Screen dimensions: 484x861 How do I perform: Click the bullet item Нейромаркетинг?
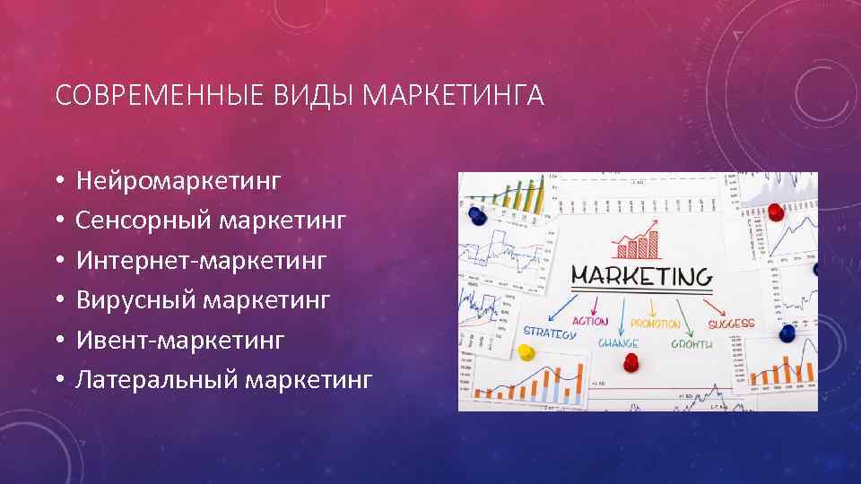click(x=178, y=182)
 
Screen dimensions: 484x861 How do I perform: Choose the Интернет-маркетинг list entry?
click(x=202, y=261)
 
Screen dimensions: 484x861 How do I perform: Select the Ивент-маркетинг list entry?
click(x=180, y=340)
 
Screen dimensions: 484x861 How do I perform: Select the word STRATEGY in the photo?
click(x=549, y=333)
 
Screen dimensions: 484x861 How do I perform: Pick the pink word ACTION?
click(x=590, y=321)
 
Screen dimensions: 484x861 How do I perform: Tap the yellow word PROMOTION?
click(x=656, y=324)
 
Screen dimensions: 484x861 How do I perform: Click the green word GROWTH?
click(x=691, y=344)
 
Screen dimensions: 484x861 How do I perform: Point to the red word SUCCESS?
click(x=731, y=324)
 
